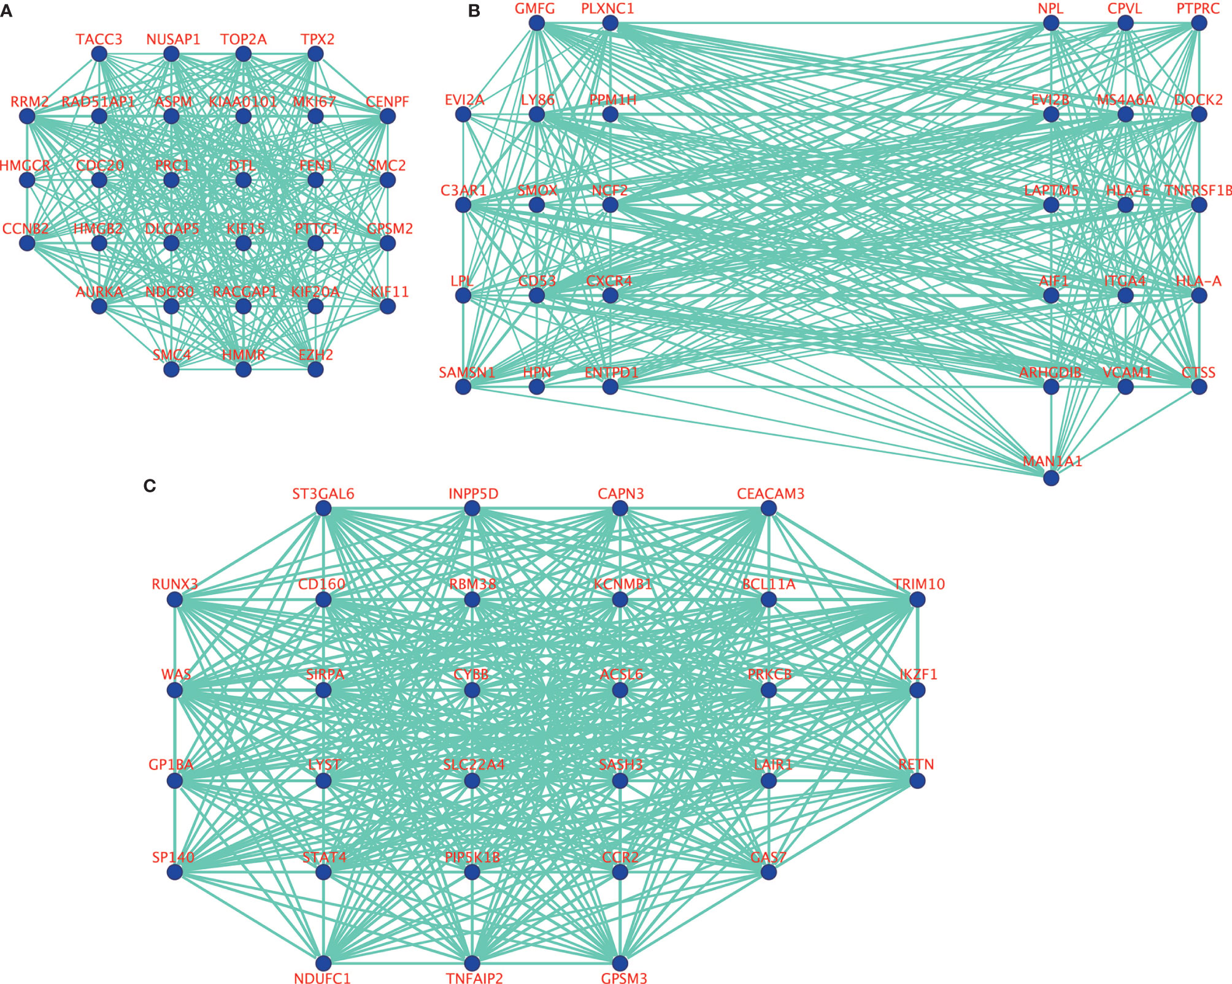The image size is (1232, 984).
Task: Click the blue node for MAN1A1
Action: tap(1051, 478)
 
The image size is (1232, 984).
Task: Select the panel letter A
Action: tap(6, 10)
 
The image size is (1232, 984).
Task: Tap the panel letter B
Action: tap(474, 10)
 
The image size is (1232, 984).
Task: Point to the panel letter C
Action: tap(149, 486)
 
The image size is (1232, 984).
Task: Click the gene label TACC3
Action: tap(99, 40)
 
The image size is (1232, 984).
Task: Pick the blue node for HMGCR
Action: tap(27, 180)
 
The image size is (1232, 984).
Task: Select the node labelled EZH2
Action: tap(315, 369)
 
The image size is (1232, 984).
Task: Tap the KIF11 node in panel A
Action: tap(387, 306)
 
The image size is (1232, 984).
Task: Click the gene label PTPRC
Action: tap(1198, 9)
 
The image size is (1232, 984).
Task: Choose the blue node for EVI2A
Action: tap(463, 115)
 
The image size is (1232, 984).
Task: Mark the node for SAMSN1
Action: tap(463, 387)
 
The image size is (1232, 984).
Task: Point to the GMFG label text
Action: tap(534, 9)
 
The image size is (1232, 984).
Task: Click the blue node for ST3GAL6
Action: tap(323, 508)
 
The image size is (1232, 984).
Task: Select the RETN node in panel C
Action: tap(917, 780)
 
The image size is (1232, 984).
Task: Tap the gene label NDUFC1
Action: tap(322, 978)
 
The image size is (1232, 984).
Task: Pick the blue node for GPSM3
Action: tap(620, 963)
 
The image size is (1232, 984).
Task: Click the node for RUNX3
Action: tap(175, 600)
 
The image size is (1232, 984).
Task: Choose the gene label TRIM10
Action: tap(918, 584)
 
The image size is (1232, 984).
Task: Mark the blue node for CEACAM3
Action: tap(769, 508)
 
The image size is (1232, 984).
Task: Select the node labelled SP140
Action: tap(175, 871)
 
